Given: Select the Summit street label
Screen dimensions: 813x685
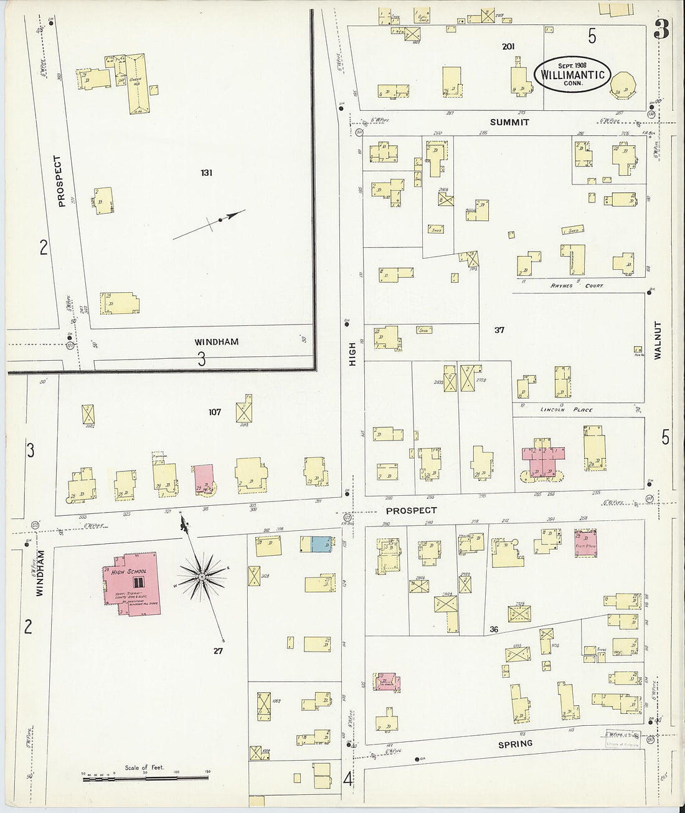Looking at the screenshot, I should (x=509, y=122).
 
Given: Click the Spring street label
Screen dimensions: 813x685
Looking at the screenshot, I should (x=516, y=743).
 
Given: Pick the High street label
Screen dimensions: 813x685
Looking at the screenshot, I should (x=352, y=354).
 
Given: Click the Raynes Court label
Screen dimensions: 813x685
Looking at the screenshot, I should (x=576, y=285).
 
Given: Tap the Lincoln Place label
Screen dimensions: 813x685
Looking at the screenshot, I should (x=567, y=409).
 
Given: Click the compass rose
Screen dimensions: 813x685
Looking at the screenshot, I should (x=201, y=578).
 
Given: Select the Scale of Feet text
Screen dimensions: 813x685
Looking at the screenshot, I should (x=144, y=767).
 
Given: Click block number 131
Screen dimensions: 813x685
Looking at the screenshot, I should (x=206, y=172).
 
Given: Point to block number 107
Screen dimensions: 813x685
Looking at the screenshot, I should (x=215, y=412).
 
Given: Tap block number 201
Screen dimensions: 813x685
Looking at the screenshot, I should (x=509, y=46).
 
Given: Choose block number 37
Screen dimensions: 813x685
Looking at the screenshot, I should (x=499, y=330).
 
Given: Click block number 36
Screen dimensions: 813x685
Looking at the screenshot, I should (x=494, y=629).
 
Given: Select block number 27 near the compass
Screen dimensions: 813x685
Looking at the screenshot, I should (x=217, y=650).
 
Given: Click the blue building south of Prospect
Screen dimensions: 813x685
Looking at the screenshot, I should (x=319, y=544).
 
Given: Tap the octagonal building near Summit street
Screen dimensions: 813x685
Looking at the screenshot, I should (x=623, y=86).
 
